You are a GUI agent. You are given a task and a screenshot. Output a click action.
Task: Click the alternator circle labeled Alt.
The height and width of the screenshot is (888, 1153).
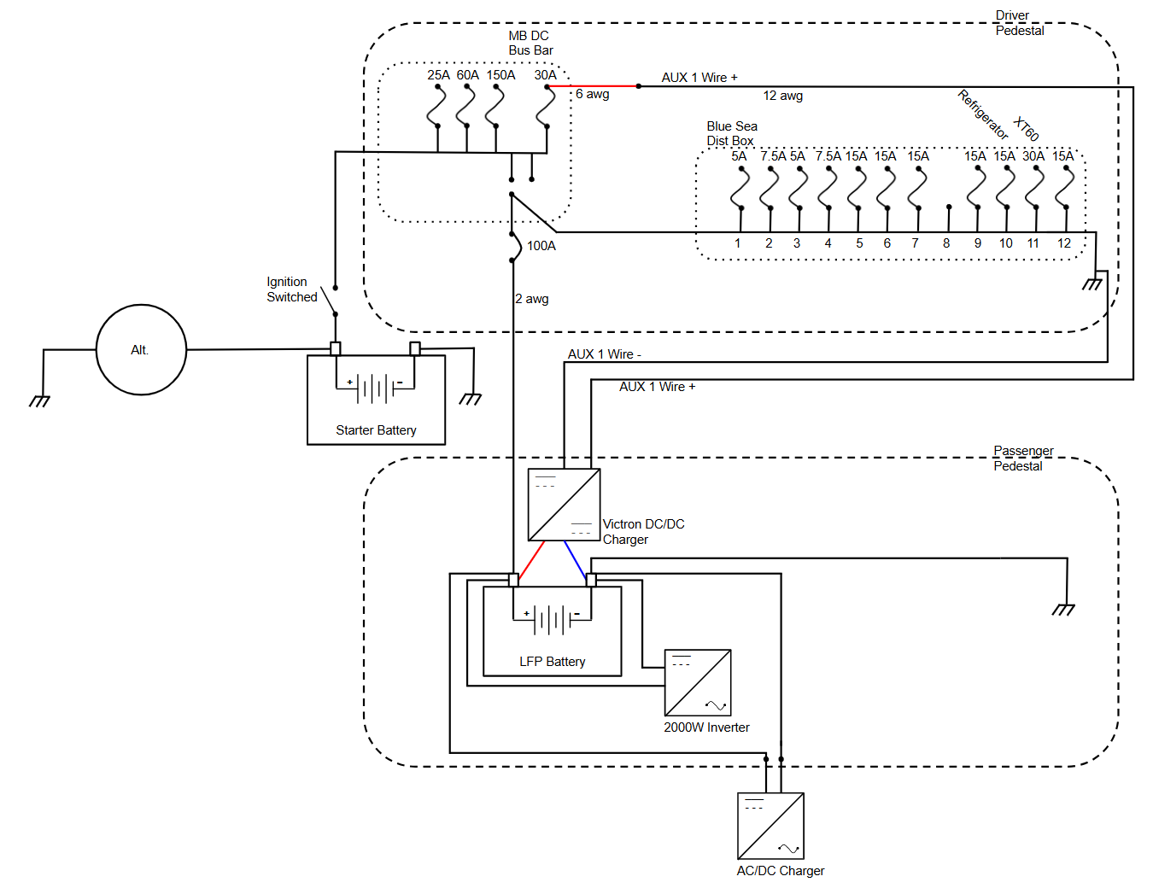pos(141,350)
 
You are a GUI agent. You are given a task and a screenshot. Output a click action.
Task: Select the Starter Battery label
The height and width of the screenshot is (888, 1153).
pos(376,430)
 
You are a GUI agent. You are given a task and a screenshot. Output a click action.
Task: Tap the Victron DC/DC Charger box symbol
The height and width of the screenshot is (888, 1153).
pos(564,505)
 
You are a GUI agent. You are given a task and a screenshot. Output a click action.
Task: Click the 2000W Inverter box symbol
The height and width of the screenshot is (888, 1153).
pos(698,683)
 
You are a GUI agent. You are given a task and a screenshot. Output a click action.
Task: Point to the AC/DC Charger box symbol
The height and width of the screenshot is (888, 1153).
pos(770,827)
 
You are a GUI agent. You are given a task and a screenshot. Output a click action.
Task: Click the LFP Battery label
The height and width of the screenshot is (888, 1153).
pos(552,662)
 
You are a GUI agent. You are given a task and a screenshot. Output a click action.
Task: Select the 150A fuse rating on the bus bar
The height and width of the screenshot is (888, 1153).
pos(501,75)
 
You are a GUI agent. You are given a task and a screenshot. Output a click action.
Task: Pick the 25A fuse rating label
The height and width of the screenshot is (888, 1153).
pos(438,75)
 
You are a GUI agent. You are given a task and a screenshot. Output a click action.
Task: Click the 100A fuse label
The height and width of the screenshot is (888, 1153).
pos(541,246)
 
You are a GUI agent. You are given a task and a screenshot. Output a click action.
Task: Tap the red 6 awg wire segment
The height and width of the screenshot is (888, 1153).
pos(593,86)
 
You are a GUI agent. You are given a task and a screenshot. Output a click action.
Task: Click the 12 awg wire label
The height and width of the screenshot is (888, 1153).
pos(782,96)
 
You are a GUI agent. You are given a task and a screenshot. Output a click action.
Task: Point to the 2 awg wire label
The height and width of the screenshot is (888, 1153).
pos(532,299)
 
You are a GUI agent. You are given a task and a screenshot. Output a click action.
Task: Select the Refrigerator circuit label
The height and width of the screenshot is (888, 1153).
pos(983,114)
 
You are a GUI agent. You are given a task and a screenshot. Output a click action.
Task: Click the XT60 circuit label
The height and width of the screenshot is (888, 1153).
pos(1026,129)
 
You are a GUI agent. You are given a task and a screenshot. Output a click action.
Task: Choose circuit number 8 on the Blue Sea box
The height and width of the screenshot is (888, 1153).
pos(946,243)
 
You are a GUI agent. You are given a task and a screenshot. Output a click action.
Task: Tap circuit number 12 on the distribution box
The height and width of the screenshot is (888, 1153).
pos(1063,243)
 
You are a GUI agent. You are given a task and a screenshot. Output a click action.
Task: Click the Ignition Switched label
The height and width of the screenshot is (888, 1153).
pos(291,289)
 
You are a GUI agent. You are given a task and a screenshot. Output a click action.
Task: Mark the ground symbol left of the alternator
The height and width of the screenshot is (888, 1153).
pos(39,400)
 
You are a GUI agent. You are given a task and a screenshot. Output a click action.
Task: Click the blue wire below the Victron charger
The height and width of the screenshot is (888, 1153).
pos(575,559)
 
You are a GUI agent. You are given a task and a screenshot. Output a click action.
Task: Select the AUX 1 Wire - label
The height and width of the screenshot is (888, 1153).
pos(604,354)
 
